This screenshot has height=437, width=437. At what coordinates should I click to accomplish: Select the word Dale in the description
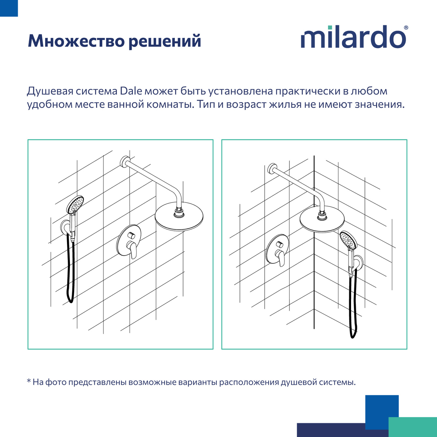131,91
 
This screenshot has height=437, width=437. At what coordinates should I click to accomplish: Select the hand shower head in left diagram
75,205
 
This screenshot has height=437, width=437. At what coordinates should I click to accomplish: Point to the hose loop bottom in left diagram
71,300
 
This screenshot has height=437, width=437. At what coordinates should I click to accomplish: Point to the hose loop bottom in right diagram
353,335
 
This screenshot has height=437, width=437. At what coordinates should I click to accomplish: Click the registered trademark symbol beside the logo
406,28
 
